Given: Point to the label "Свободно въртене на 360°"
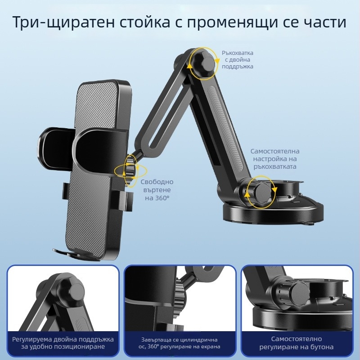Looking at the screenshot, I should [157, 189].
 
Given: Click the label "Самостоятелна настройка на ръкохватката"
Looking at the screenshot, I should [275, 159].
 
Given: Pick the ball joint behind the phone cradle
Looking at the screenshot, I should [131, 170].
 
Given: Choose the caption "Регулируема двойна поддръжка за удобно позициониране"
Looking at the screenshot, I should [63, 343].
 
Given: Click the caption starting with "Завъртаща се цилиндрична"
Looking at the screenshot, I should [180, 343].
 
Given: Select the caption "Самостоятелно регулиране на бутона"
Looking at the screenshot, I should [297, 343].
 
